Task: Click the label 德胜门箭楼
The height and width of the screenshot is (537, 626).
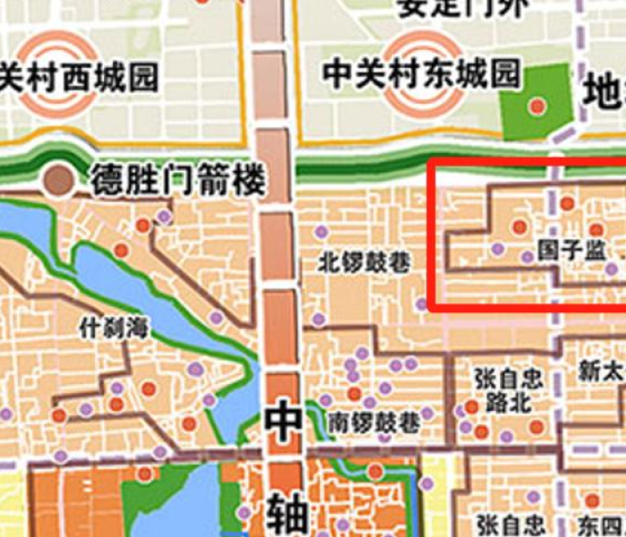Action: [178, 183]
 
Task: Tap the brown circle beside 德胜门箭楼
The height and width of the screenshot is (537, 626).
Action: [60, 182]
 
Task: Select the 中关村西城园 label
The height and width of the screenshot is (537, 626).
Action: [79, 77]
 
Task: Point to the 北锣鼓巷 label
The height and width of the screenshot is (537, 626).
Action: [365, 263]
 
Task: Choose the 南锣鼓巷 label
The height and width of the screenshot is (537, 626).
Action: [373, 422]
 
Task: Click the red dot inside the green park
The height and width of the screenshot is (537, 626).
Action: [537, 106]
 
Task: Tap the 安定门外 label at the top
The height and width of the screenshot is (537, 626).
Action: [463, 8]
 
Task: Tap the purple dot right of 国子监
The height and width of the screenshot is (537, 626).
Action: [612, 268]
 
